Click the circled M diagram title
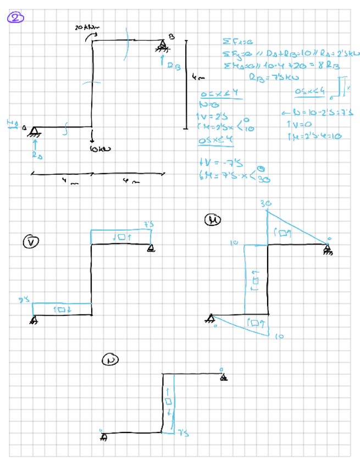tap(212, 220)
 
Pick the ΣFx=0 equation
tap(227, 41)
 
